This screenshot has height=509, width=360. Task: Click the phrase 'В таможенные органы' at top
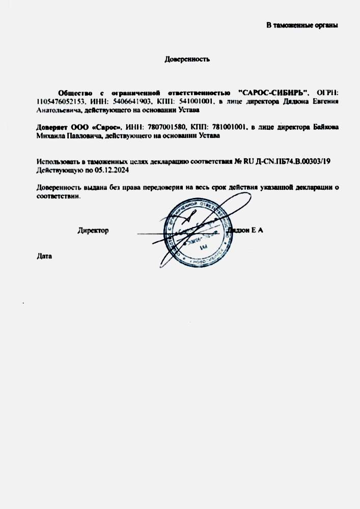[302, 25]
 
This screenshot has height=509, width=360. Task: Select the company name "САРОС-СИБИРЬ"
[273, 93]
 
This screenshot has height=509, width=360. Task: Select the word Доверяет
[52, 127]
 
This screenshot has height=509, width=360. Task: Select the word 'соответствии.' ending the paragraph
[59, 196]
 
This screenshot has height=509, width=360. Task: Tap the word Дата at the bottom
[45, 256]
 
